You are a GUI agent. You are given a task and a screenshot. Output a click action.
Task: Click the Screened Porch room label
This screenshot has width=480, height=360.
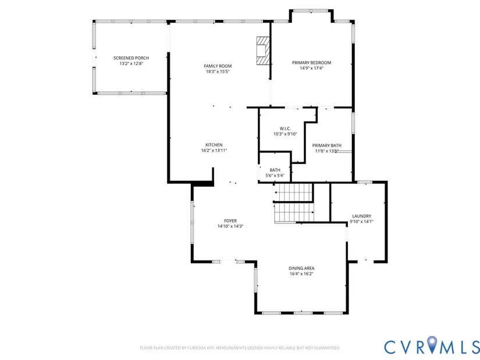click(131, 58)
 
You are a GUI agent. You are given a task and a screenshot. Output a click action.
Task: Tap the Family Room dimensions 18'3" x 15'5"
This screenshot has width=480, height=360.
click(218, 72)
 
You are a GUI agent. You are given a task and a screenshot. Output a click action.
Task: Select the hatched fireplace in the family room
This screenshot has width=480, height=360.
click(263, 51)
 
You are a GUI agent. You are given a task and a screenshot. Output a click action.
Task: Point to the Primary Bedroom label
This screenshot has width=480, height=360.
click(311, 63)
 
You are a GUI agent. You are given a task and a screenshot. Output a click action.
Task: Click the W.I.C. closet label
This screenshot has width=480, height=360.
click(285, 129)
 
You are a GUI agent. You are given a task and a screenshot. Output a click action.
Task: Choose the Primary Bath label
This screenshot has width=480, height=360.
click(326, 145)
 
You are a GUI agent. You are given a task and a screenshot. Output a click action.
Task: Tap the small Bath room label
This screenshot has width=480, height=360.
click(275, 170)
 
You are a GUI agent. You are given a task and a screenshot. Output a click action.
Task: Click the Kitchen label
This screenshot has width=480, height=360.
click(214, 145)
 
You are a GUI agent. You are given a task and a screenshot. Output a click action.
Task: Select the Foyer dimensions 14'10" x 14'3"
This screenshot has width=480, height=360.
click(230, 226)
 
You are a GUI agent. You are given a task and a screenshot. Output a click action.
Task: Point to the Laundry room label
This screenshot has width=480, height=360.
click(361, 216)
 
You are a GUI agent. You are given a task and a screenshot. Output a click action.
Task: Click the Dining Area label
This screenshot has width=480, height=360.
click(301, 268)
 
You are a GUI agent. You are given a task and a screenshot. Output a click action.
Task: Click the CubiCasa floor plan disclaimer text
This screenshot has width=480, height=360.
click(240, 348)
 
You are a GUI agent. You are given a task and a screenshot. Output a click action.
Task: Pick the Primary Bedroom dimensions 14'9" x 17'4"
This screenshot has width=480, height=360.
click(311, 68)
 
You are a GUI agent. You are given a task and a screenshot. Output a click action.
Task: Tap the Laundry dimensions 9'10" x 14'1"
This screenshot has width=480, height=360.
click(361, 222)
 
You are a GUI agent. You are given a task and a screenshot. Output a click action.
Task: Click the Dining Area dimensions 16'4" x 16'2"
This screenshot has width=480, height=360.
click(301, 274)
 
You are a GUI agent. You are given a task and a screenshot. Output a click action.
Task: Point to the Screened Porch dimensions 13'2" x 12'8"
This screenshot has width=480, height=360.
click(131, 63)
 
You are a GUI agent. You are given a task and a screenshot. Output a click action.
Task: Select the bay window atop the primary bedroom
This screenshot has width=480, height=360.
click(311, 11)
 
